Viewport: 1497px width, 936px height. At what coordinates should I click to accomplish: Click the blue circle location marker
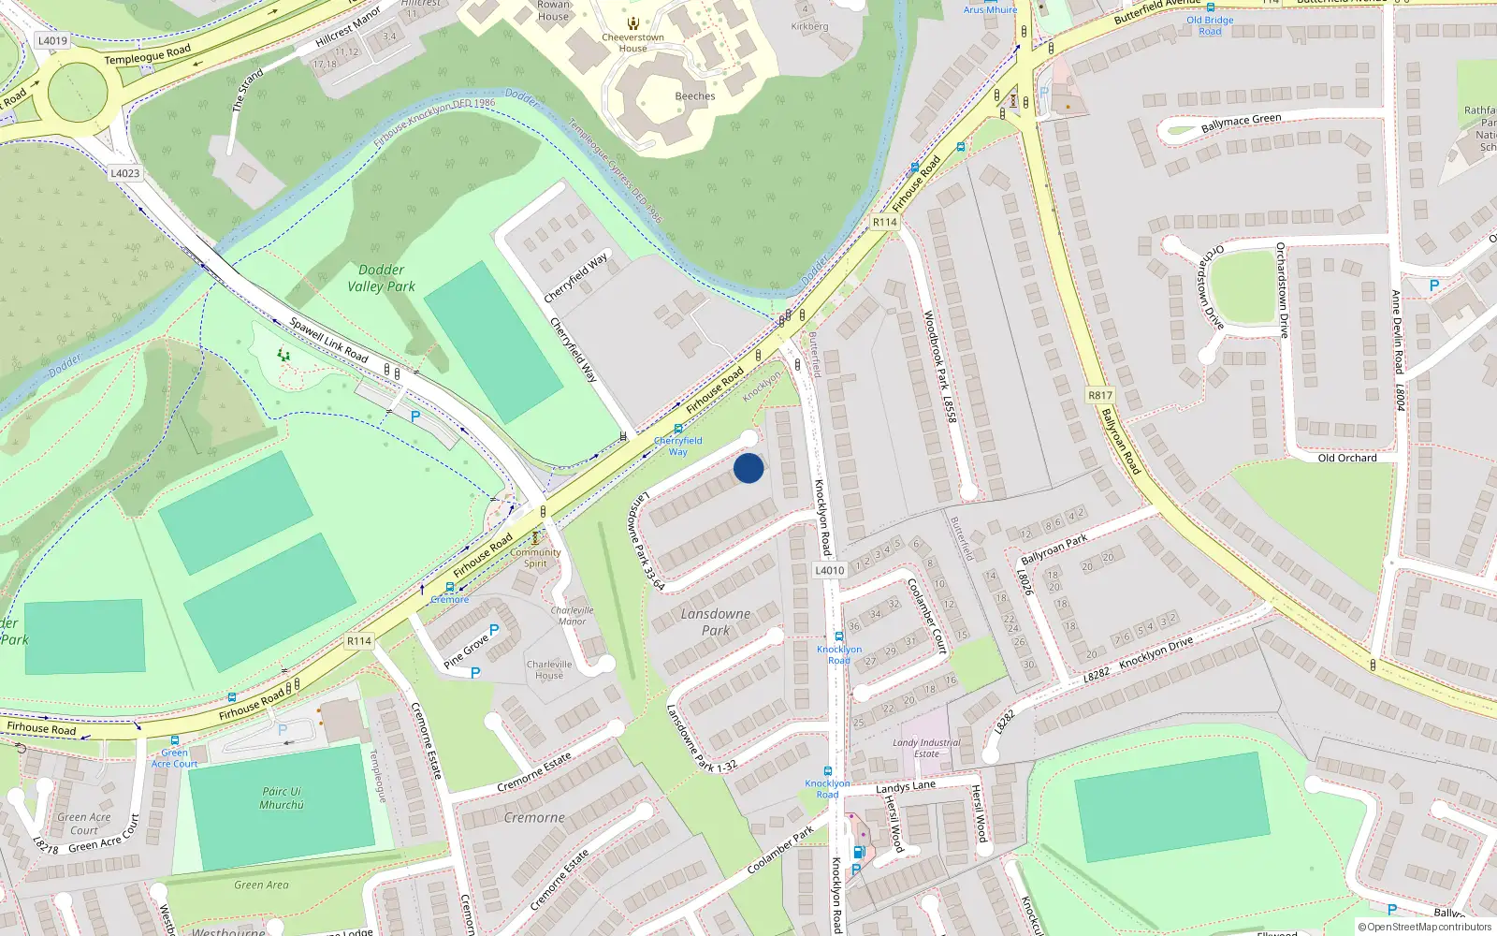pos(748,468)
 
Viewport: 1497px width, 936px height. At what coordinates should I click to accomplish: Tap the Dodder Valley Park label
pos(381,278)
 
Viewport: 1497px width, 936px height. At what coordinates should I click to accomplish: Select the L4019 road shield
pos(52,40)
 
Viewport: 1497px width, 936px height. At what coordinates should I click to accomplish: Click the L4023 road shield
pos(124,173)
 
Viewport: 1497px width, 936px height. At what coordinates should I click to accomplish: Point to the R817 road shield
pos(1100,395)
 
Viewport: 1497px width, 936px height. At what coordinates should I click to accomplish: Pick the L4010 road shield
pos(829,570)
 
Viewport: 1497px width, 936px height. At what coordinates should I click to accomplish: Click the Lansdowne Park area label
pos(716,622)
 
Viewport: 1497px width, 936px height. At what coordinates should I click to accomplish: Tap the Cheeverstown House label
pos(632,43)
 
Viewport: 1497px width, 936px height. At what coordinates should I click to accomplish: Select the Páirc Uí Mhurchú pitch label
pos(282,797)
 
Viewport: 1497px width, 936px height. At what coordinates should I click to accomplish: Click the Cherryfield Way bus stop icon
pos(678,430)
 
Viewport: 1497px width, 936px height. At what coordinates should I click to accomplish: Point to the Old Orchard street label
pos(1346,458)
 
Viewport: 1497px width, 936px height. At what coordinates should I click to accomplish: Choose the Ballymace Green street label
pos(1241,123)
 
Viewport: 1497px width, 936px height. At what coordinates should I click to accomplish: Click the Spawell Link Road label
pos(328,340)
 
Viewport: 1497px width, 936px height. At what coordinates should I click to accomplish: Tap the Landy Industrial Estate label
pos(926,748)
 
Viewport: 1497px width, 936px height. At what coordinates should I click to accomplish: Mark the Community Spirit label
pos(535,558)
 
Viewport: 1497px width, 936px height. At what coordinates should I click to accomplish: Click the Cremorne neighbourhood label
pos(534,817)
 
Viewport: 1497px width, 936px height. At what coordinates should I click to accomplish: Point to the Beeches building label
pos(695,96)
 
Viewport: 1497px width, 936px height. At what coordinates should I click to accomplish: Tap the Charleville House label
pos(549,669)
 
